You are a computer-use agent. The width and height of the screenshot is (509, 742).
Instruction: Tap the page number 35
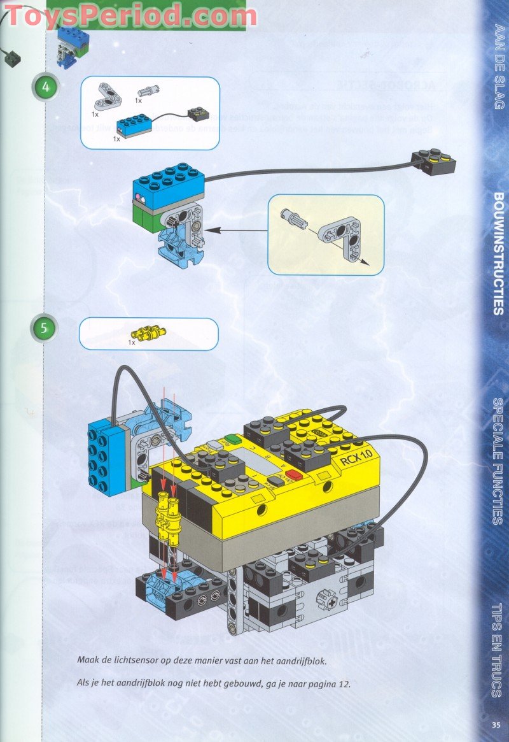(496, 724)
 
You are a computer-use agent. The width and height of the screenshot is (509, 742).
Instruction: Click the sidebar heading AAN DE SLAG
(498, 66)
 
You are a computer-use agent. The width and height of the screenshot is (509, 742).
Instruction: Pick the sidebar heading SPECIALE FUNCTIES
(498, 461)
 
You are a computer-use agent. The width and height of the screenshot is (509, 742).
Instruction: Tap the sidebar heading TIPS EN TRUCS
(498, 650)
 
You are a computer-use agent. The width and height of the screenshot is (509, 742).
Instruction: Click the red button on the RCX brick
(295, 474)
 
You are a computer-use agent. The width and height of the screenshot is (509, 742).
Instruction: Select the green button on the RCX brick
(231, 439)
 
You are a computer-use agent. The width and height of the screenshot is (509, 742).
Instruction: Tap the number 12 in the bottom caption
(342, 684)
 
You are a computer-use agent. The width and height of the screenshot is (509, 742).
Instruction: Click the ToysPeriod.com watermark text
(130, 14)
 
